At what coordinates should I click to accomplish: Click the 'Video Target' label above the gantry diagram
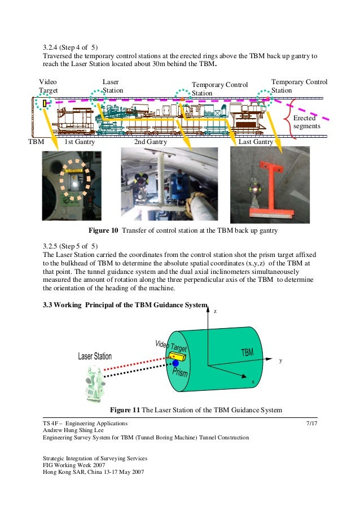(48, 86)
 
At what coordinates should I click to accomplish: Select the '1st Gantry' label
(80, 142)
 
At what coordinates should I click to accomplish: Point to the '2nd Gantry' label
(150, 142)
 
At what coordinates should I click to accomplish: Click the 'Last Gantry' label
(256, 142)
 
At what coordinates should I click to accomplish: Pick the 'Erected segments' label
(307, 123)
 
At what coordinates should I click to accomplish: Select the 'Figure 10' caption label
(104, 230)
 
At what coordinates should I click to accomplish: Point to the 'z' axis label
(214, 311)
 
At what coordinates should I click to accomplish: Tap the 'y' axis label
(280, 360)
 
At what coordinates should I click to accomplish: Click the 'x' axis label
(253, 382)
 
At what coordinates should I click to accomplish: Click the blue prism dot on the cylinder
(175, 363)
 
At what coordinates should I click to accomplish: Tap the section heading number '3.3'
(48, 306)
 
